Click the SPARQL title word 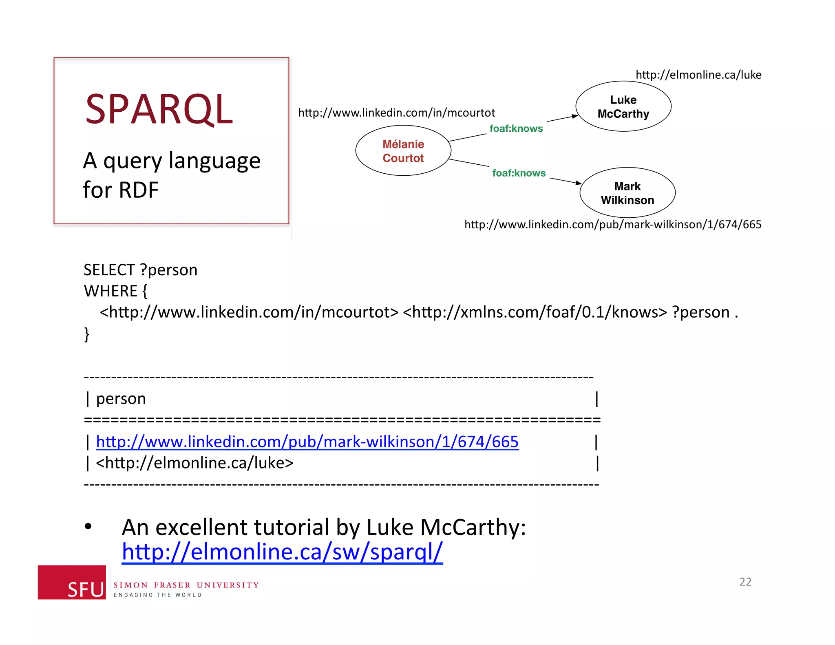pos(159,109)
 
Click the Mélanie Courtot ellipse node pos(403,151)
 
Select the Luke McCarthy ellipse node pos(623,106)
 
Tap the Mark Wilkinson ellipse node pos(627,193)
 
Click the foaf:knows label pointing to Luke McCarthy pos(516,128)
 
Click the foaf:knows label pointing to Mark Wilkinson pos(519,173)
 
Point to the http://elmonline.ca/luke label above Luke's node pos(698,75)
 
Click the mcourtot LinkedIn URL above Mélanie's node pos(396,113)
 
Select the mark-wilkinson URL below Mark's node pos(612,224)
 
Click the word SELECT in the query pos(109,270)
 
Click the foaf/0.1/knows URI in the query pos(535,312)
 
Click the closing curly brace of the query pos(86,334)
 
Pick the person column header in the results pos(121,398)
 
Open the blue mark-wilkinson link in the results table pos(307,442)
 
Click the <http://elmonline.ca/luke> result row pos(194,463)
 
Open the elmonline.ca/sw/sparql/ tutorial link pos(282,552)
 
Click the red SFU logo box pos(72,582)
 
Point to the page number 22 pos(745,581)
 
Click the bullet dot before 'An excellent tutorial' pos(88,526)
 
